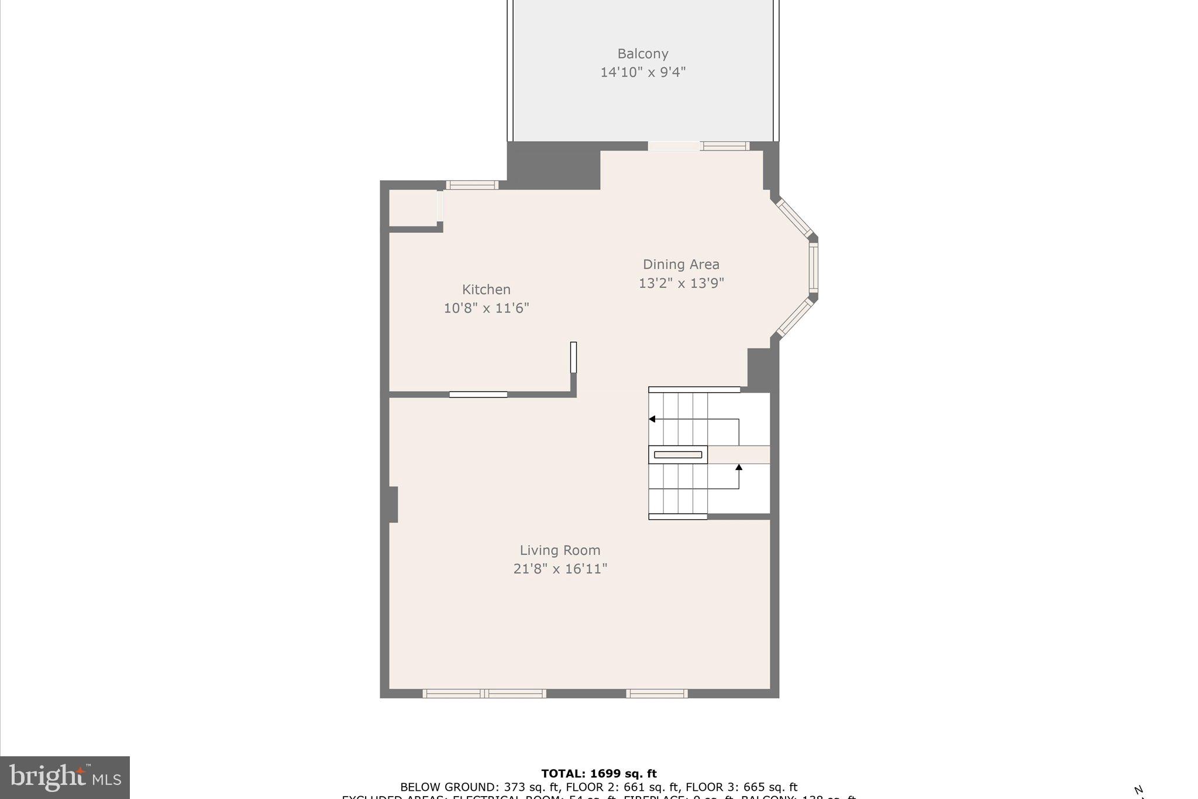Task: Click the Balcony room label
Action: point(642,54)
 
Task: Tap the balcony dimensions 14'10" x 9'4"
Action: point(642,73)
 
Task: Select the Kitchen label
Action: point(486,290)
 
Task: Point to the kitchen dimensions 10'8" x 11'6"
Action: point(486,308)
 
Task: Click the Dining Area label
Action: point(681,265)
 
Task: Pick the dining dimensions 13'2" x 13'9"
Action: point(681,283)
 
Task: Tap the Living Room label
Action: point(560,550)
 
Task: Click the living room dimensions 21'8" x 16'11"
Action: point(560,569)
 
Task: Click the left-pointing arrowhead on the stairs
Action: point(652,419)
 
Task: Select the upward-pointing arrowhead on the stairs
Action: point(739,467)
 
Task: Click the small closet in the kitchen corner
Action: point(412,208)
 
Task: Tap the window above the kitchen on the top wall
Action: point(472,185)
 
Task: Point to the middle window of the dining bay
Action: point(813,267)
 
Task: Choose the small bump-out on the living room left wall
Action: point(393,504)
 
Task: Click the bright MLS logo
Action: point(65,777)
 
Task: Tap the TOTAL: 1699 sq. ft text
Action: point(598,774)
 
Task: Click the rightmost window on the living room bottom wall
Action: point(656,694)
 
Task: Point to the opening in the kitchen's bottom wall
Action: point(478,395)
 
